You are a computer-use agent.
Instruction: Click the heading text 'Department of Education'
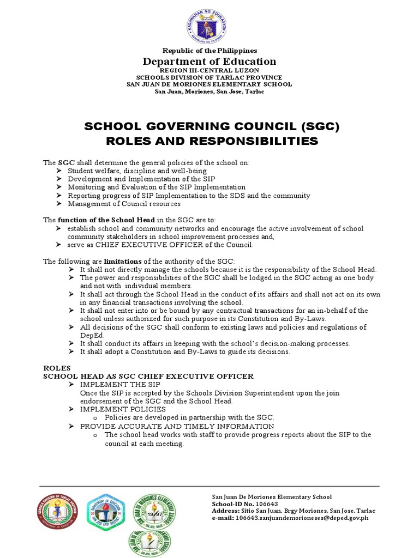(210, 61)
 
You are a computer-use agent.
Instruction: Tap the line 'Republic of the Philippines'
(210, 50)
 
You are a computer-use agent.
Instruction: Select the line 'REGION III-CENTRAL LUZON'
(210, 71)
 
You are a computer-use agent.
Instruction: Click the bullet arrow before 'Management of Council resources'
(59, 204)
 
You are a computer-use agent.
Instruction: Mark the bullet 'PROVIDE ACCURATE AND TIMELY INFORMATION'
(177, 426)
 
